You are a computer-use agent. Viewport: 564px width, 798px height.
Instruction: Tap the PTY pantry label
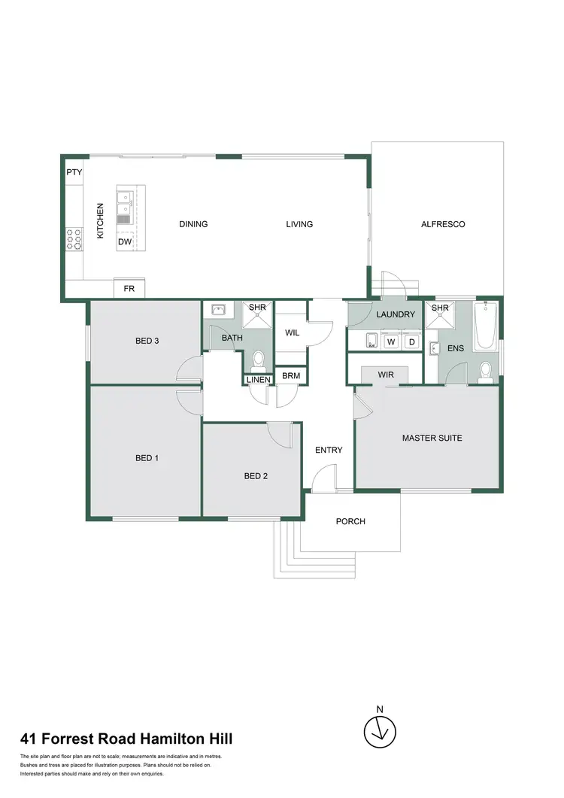(74, 172)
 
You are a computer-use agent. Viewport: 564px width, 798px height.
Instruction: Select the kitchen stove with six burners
(74, 239)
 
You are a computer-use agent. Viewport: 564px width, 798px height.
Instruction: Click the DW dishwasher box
(125, 242)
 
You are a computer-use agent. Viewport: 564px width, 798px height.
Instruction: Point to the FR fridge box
(129, 288)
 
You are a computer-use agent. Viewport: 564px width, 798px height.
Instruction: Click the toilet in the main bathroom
(257, 360)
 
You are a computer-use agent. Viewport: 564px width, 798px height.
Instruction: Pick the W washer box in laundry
(390, 341)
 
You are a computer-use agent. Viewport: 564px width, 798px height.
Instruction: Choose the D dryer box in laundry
(411, 341)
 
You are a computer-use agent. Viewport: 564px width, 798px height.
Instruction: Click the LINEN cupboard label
(258, 380)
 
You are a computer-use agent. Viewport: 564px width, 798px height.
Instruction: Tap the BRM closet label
(289, 375)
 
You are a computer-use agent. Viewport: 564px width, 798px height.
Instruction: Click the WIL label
(293, 332)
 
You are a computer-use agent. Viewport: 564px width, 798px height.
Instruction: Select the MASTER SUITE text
(432, 438)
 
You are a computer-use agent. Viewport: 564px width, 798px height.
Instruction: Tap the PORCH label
(350, 521)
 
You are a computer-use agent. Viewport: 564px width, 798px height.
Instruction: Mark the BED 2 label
(256, 475)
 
